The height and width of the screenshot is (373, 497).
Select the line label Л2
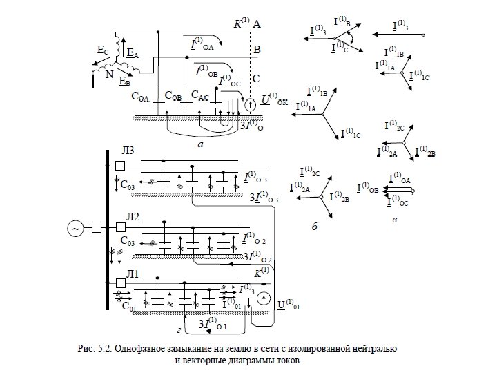[131, 218]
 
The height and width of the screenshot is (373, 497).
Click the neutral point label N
[108, 71]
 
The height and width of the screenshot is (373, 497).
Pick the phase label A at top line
[257, 25]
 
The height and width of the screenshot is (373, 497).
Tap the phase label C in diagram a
[257, 77]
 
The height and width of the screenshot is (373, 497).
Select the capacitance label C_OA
[140, 97]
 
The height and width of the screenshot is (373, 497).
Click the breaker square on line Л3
[120, 165]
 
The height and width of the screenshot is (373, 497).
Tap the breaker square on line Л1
[120, 283]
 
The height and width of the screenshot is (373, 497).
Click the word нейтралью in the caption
[374, 346]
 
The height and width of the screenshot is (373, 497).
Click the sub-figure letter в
[393, 220]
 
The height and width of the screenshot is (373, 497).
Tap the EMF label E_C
[102, 50]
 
